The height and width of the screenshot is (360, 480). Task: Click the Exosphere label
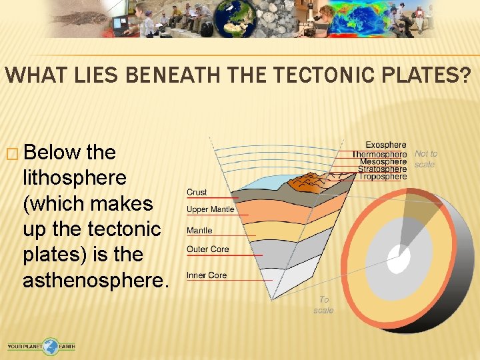(385, 145)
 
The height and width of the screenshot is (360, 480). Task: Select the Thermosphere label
(379, 153)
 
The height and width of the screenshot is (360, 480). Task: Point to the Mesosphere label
(383, 161)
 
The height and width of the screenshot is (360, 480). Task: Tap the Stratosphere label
(382, 169)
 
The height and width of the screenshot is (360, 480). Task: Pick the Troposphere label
(383, 177)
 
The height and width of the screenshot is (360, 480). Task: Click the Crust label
(197, 192)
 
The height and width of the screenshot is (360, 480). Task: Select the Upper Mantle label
(210, 209)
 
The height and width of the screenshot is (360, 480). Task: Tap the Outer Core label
(207, 249)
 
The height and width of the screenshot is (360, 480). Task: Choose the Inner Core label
(207, 275)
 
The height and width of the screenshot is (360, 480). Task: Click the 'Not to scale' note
(426, 159)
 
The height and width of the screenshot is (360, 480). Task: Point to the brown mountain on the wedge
(313, 181)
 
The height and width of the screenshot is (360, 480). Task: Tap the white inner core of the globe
(399, 259)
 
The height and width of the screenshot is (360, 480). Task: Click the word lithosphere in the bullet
(74, 178)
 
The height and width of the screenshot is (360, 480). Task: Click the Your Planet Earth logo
(41, 346)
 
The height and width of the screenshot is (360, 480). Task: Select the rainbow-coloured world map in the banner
(357, 18)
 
